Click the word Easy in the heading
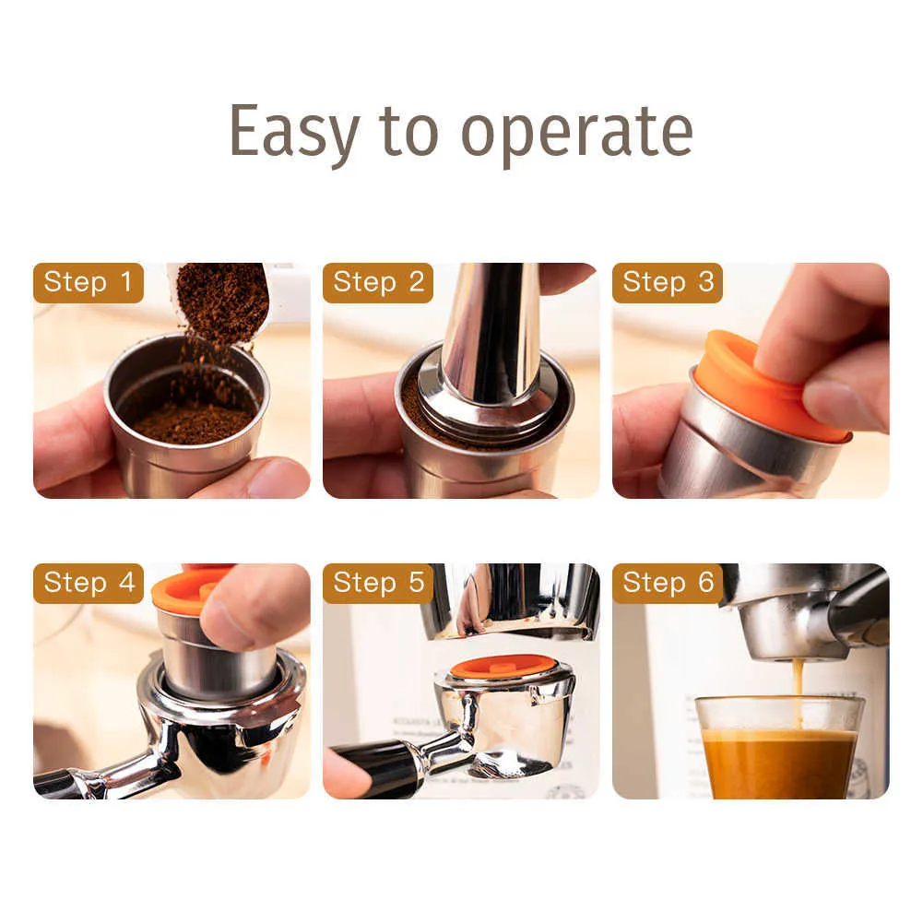[293, 132]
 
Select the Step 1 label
[89, 283]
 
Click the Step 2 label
[378, 283]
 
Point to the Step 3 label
[668, 283]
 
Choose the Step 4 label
[89, 584]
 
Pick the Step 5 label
[378, 584]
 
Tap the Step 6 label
[668, 584]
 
